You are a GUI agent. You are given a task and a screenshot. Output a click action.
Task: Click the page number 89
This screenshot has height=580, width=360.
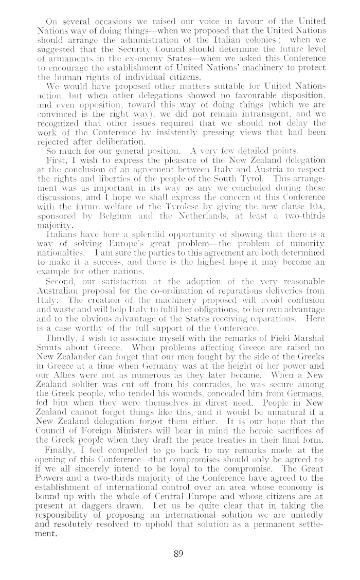(178, 554)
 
